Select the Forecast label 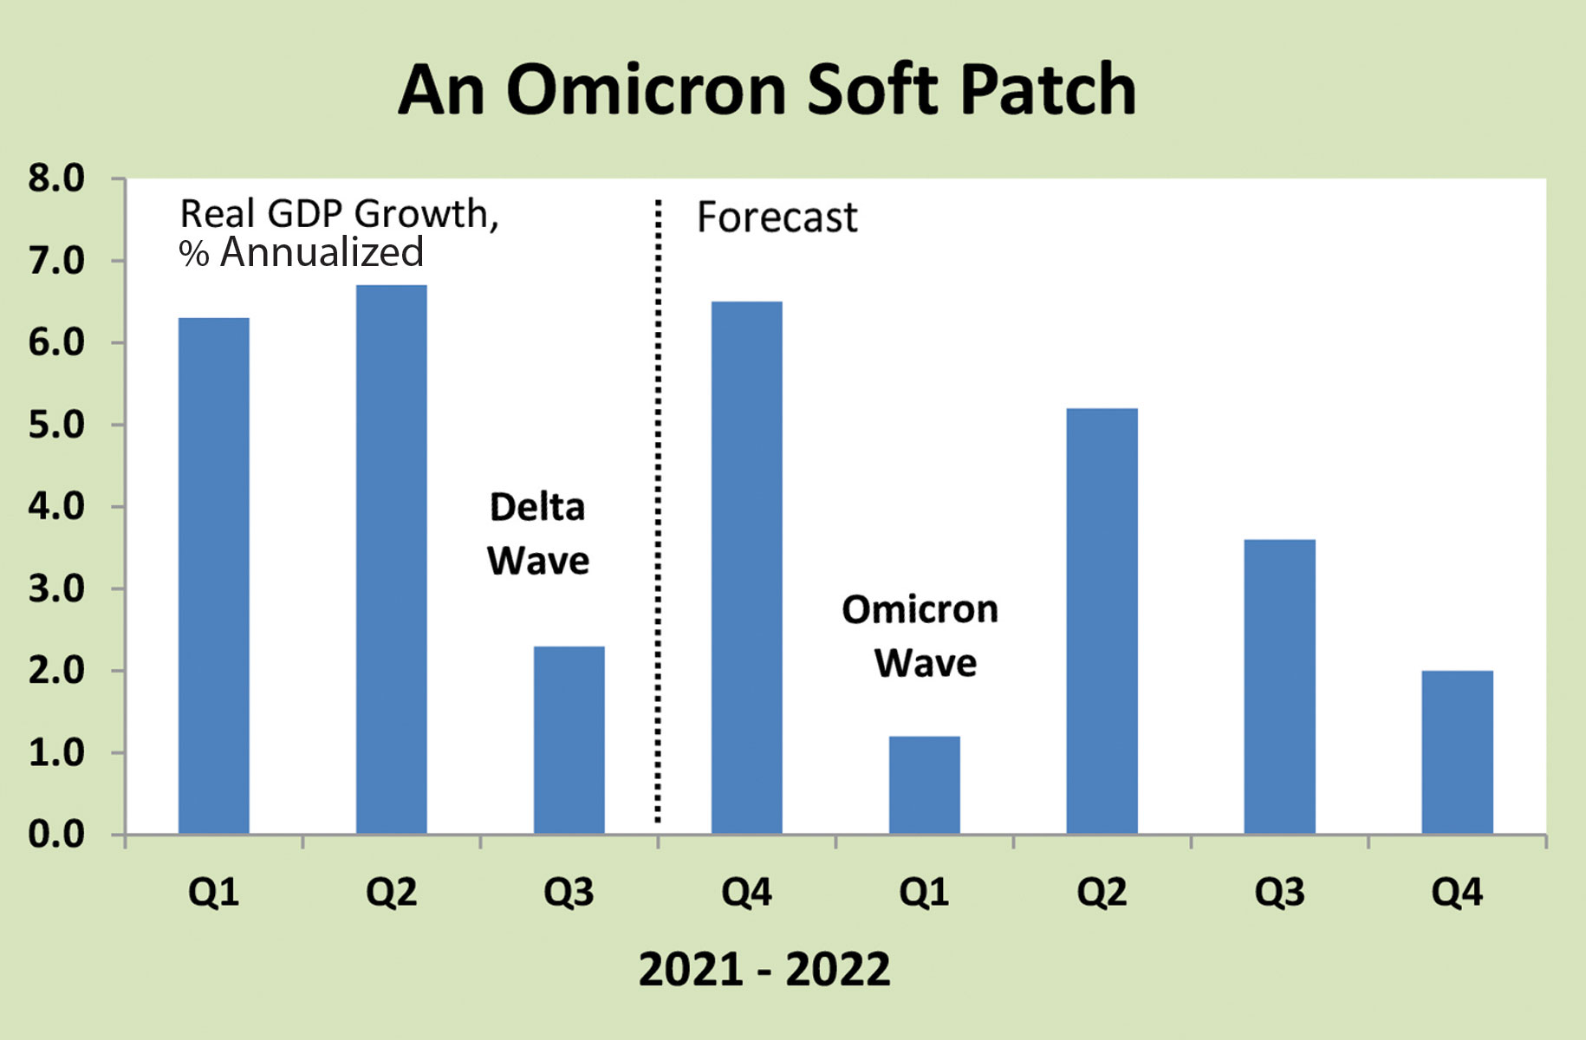777,217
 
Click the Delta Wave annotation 538,534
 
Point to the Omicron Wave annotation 920,636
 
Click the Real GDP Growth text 340,214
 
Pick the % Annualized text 302,252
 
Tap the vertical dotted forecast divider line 658,510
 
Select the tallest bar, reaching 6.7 392,559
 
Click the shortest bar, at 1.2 925,785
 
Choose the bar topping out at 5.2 1102,621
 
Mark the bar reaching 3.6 1280,686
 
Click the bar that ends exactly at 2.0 1458,752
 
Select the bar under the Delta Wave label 569,740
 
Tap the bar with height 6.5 747,568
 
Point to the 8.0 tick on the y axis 56,179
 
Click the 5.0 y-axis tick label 56,425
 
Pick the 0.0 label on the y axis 56,835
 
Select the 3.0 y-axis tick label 56,588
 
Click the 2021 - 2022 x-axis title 764,969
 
